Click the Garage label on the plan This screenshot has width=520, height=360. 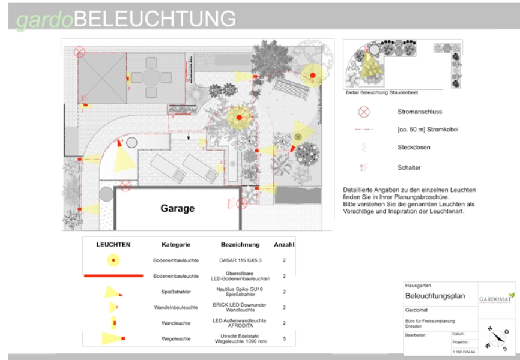point(177,209)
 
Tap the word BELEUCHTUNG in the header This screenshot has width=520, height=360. point(155,19)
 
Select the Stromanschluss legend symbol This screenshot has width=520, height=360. point(364,112)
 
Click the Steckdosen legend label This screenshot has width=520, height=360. point(413,147)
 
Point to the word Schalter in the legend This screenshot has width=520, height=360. point(409,168)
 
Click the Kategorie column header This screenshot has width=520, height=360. point(176,245)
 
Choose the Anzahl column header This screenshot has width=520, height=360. point(284,245)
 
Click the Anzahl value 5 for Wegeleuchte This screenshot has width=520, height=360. point(284,339)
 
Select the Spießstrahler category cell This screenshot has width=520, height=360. point(175,292)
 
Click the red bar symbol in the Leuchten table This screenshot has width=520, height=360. point(113,276)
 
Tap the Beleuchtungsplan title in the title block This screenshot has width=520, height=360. point(431,297)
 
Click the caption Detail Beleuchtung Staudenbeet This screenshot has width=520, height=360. point(382,93)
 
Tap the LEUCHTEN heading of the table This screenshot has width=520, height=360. point(113,245)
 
